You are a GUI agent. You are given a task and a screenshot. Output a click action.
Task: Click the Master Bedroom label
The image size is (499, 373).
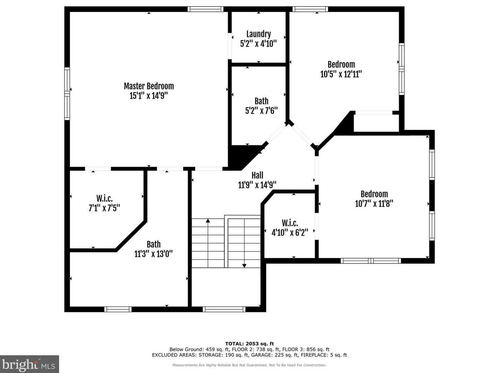coord(149,86)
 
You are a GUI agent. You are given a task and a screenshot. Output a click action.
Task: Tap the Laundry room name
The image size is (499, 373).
coord(259,34)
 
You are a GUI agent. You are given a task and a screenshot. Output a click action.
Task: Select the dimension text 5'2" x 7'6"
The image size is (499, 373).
coord(261,111)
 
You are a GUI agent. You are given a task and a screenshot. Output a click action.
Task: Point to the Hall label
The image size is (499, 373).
coord(257,175)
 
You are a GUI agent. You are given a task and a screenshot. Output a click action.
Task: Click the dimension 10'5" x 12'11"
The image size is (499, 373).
coord(341,74)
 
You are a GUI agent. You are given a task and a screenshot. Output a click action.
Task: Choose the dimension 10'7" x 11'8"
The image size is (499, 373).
coord(374,203)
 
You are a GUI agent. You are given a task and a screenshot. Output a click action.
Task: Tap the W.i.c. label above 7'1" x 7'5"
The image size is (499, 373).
coord(104,198)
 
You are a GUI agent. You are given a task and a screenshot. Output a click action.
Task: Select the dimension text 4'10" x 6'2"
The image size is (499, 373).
coord(290,232)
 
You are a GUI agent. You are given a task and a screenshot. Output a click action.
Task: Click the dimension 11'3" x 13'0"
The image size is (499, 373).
coord(154,254)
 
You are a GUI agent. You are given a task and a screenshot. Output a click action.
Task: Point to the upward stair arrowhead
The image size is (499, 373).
coord(208,220)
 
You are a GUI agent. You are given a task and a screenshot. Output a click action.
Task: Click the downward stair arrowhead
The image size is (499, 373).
coord(244,266)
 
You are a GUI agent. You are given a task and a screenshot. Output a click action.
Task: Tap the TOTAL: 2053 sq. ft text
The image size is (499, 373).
coord(249,344)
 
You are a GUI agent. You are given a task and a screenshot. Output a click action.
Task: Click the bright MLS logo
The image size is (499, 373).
coord(29,364)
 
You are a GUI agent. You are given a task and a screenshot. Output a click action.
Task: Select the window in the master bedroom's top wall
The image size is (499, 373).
coord(205,9)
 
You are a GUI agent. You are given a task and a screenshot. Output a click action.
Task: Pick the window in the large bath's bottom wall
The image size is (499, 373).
coord(118,309)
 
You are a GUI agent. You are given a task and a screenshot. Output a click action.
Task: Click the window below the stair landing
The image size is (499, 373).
coord(224,309)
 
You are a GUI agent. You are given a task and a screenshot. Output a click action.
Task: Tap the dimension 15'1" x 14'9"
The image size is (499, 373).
coord(149,96)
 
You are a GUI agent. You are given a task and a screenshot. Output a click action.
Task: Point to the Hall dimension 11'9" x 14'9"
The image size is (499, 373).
coord(257,185)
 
